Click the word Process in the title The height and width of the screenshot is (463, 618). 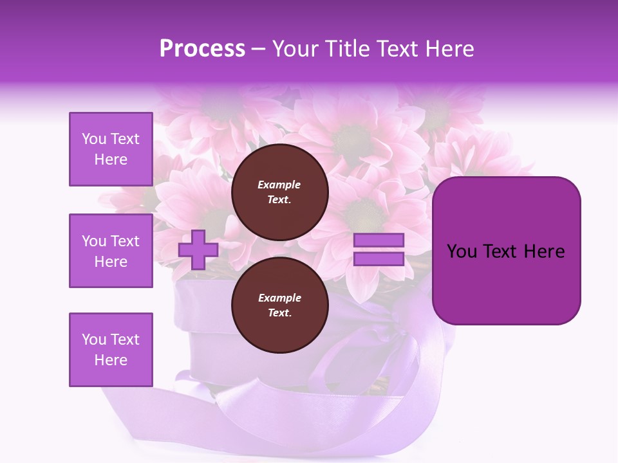pos(202,49)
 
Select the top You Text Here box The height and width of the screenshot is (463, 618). pos(111,149)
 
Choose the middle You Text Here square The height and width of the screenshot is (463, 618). pos(111,251)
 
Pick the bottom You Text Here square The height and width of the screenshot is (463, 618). pos(111,350)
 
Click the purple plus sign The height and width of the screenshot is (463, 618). pos(198,250)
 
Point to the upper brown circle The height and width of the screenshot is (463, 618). pos(279,192)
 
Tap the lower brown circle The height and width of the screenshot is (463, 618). pos(279,305)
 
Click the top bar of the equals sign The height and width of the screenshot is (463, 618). pos(379,240)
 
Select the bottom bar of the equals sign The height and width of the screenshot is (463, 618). pos(379,259)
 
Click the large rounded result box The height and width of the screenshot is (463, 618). pos(506,251)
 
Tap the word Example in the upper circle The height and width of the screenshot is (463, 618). pos(279,185)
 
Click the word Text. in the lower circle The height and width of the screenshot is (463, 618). pos(279,313)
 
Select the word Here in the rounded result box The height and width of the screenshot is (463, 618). pos(544,251)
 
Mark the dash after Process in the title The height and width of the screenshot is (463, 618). pos(259,49)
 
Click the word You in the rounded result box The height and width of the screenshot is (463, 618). pos(461,251)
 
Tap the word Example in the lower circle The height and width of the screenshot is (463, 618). pos(279,298)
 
